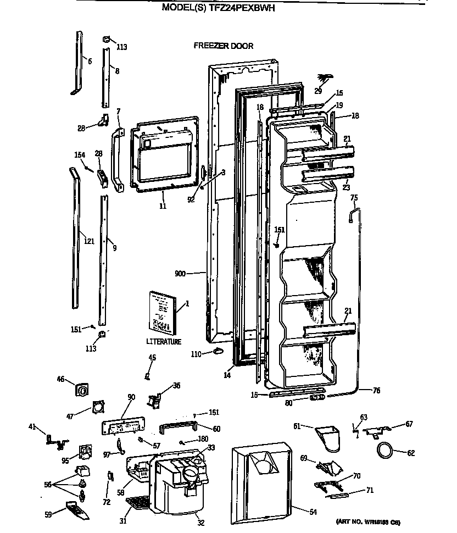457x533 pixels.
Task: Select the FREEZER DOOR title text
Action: (224, 46)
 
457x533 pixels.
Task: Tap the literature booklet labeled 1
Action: (163, 313)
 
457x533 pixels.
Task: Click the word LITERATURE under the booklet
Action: (164, 342)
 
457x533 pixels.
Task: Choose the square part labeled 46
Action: (82, 390)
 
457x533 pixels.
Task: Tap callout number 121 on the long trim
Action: (88, 240)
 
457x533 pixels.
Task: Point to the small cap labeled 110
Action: (217, 351)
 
